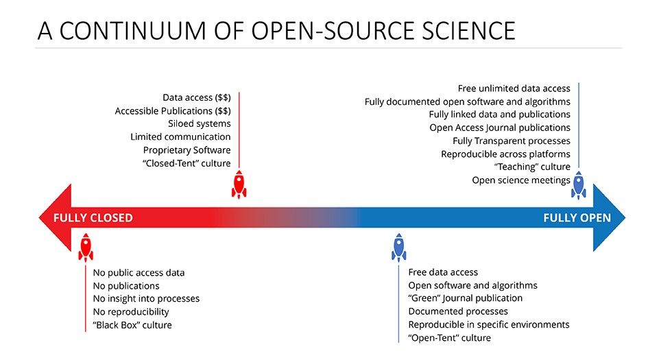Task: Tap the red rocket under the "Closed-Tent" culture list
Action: (x=239, y=184)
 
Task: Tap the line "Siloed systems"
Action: (x=199, y=123)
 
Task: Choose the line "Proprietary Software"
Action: (x=187, y=149)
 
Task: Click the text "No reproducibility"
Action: (x=131, y=311)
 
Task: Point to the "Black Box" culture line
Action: (x=132, y=324)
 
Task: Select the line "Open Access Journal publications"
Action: (x=500, y=128)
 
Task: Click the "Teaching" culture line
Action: (x=532, y=167)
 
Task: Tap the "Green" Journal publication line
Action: (x=465, y=298)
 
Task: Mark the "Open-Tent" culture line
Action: (x=449, y=337)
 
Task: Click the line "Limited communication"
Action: (x=180, y=136)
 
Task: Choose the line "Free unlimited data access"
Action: (x=514, y=88)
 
